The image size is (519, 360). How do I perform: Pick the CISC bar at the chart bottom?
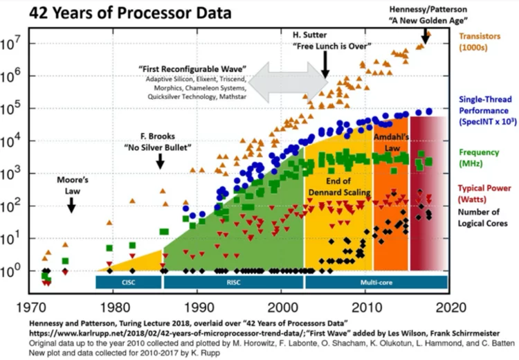(128, 282)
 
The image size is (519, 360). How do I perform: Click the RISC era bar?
(233, 282)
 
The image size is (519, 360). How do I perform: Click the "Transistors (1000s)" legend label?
(484, 42)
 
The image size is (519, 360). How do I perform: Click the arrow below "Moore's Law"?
(71, 204)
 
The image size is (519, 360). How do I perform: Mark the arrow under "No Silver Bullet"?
(161, 160)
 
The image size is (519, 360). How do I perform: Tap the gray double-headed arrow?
(289, 83)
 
